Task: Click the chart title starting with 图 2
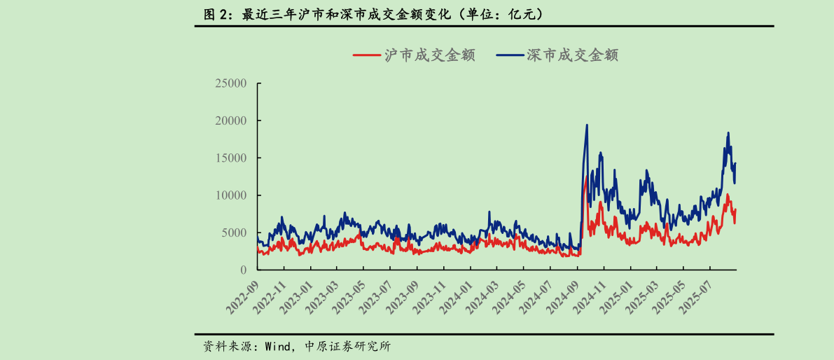371,14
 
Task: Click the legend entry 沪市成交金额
414,55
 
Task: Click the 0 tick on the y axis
244,270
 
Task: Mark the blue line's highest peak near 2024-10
587,125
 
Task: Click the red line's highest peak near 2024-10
586,177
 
